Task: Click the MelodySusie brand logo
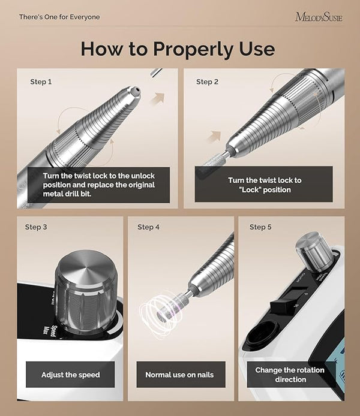(x=319, y=17)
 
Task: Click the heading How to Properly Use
(x=178, y=49)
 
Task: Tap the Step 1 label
(x=41, y=82)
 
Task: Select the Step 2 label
(x=207, y=82)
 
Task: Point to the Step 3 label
(x=36, y=227)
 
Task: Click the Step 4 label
(x=148, y=227)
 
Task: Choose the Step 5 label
(x=260, y=227)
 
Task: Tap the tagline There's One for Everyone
(x=59, y=17)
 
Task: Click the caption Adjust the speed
(x=71, y=375)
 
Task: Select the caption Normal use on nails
(x=179, y=375)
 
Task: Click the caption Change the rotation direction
(x=290, y=375)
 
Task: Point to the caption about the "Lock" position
(x=265, y=185)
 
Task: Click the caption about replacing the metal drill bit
(x=99, y=185)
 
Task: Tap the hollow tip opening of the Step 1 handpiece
(x=136, y=91)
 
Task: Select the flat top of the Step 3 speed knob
(x=85, y=267)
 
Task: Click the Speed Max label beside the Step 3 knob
(x=50, y=331)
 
